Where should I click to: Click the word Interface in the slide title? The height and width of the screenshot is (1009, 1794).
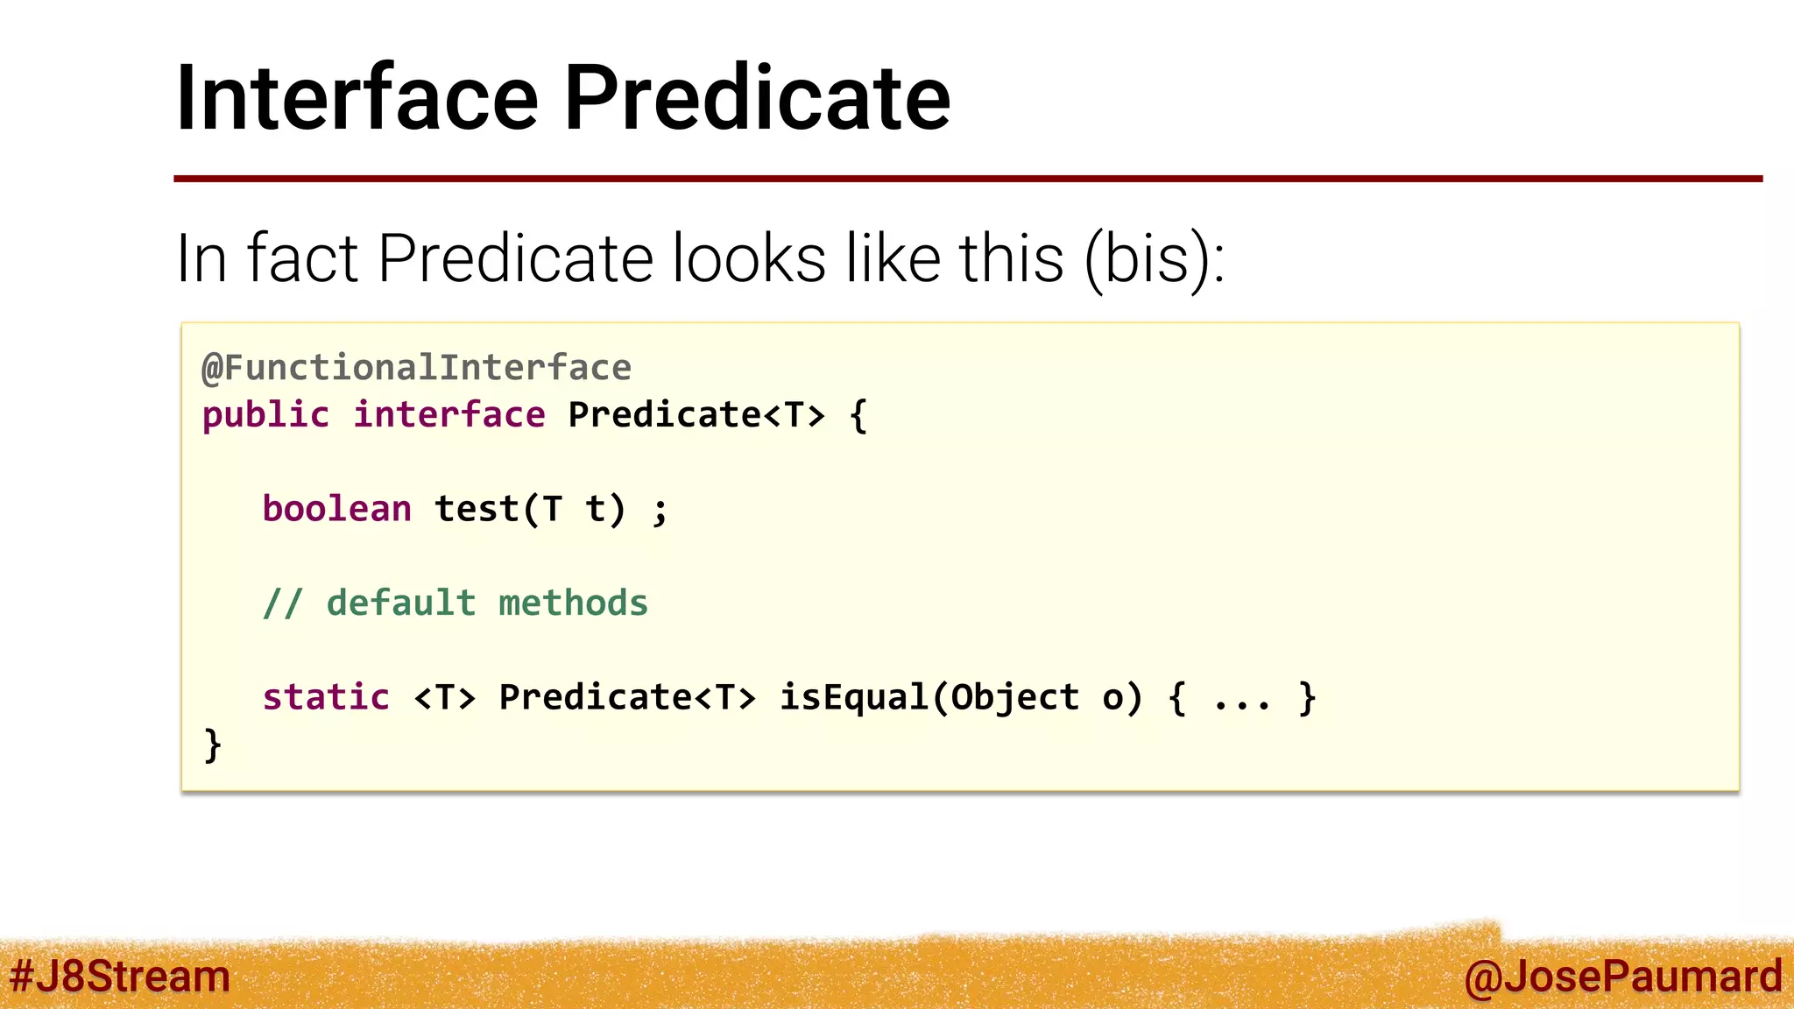(357, 98)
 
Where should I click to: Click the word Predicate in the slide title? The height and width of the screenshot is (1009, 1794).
(757, 98)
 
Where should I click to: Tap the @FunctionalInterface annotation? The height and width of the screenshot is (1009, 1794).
(416, 368)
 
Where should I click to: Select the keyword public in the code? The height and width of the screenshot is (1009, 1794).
(265, 415)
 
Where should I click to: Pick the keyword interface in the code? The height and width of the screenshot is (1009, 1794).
(449, 415)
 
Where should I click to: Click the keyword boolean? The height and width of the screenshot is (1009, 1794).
(337, 509)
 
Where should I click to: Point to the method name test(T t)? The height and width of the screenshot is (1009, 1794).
(530, 509)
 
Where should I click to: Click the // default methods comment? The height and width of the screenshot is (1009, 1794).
(456, 603)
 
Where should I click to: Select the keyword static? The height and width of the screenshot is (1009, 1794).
(326, 697)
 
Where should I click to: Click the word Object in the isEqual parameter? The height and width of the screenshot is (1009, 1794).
(1015, 697)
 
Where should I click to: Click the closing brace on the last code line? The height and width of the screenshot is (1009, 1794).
(212, 745)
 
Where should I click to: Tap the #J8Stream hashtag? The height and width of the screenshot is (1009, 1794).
(120, 977)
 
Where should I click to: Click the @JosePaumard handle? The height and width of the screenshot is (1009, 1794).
(1622, 977)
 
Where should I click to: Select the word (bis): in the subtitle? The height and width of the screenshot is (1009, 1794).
(1154, 259)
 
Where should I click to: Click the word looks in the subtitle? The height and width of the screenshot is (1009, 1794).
(749, 259)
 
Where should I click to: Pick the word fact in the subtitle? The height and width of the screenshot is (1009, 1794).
(302, 259)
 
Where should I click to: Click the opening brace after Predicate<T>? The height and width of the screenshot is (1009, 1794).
(858, 415)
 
